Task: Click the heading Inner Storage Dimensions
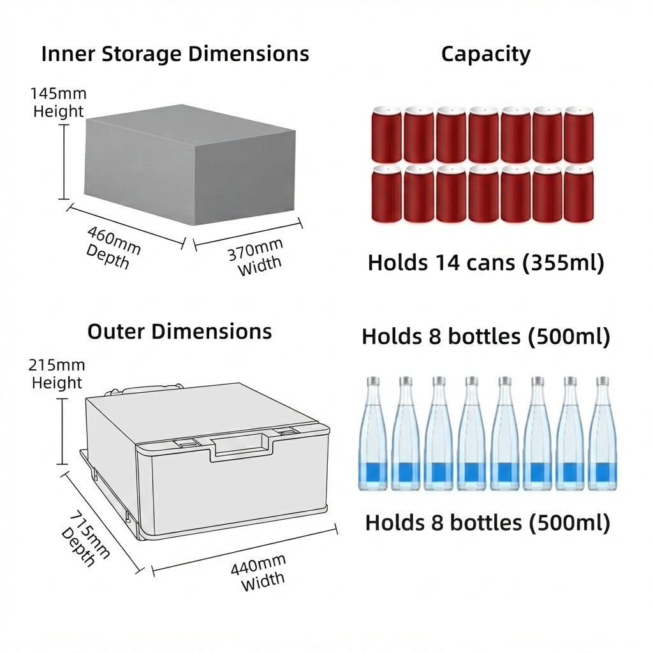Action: (175, 54)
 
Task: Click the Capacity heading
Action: (485, 55)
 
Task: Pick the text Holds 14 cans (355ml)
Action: (485, 262)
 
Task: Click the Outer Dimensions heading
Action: (179, 332)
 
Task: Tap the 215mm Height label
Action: (57, 374)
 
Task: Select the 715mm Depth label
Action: (85, 539)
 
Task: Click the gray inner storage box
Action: (190, 165)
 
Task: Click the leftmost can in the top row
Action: (386, 135)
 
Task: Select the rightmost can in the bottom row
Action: (578, 194)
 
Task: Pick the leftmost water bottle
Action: (372, 434)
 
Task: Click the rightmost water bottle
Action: (603, 434)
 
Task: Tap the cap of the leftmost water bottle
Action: (373, 381)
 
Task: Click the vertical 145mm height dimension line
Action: (64, 162)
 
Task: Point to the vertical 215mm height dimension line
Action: (62, 431)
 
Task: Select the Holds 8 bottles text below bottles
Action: (487, 523)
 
